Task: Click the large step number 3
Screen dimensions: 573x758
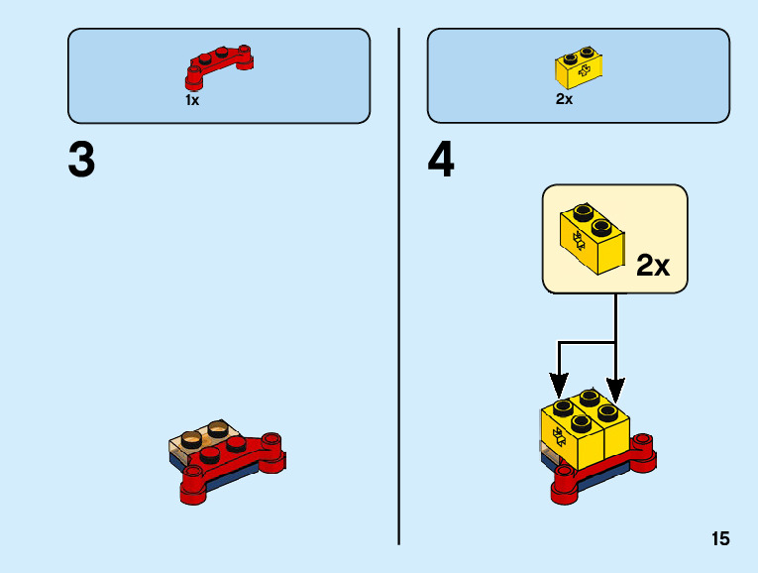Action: (x=81, y=161)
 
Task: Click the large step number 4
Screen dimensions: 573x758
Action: (x=441, y=161)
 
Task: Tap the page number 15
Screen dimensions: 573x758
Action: (x=719, y=539)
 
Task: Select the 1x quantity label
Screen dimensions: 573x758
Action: (x=192, y=100)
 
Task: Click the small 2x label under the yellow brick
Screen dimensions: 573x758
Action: (x=564, y=99)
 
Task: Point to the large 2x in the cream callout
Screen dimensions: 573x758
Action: (x=653, y=266)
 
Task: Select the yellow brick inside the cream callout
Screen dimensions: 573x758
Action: (x=592, y=239)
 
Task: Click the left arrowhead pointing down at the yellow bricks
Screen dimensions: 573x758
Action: (x=559, y=383)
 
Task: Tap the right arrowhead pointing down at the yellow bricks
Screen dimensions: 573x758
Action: (x=616, y=383)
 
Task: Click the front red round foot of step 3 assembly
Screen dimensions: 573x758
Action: (x=192, y=487)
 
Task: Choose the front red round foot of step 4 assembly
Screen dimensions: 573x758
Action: (x=564, y=487)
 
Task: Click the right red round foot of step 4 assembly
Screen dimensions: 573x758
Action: (x=645, y=454)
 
